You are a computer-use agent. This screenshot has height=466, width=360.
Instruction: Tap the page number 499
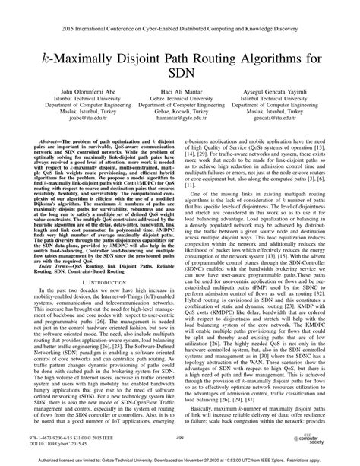pyautogui.click(x=181, y=439)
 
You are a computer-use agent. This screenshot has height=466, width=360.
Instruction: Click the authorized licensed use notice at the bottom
pyautogui.click(x=180, y=459)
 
